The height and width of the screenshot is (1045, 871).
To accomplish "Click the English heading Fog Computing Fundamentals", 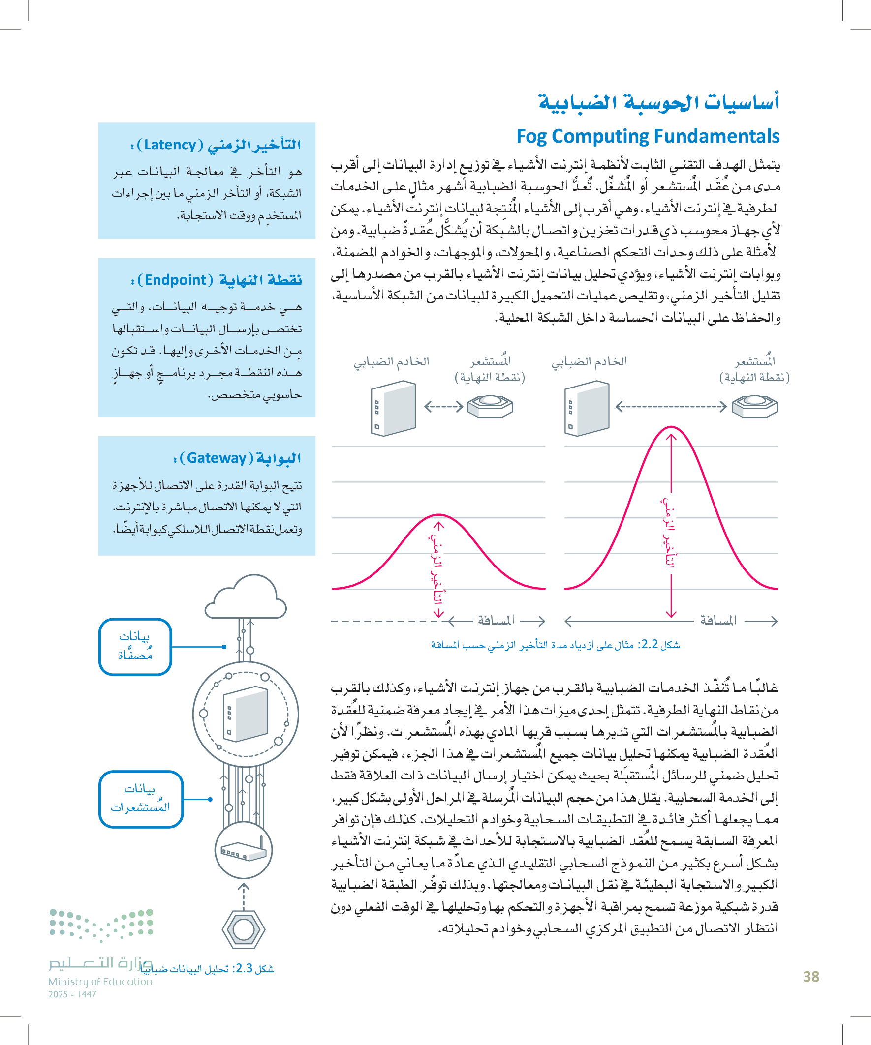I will [648, 136].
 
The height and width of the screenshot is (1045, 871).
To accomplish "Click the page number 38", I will [811, 976].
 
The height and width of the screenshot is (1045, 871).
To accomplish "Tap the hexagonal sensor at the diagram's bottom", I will [244, 929].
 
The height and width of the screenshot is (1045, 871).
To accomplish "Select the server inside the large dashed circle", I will [246, 714].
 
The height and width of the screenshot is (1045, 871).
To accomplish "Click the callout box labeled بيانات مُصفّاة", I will [135, 646].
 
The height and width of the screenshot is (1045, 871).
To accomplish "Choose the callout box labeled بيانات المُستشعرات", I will [141, 799].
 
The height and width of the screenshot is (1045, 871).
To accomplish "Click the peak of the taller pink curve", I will [671, 427].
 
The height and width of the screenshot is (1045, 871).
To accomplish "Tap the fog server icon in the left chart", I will [393, 409].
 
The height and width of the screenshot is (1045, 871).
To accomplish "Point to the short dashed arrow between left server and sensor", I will [443, 407].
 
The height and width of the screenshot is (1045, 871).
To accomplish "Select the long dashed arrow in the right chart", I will [671, 407].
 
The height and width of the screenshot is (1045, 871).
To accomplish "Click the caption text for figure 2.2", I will [555, 645].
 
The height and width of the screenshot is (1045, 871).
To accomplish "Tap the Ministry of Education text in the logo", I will [100, 981].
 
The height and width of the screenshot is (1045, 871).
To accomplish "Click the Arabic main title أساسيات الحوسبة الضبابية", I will [658, 102].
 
